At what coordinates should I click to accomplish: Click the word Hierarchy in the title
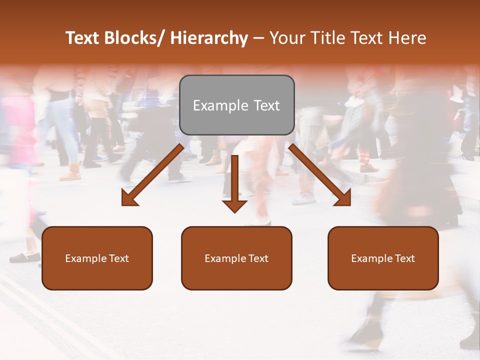[x=209, y=38]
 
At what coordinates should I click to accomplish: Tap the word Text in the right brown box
[x=404, y=258]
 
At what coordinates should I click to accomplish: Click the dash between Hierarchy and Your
[x=258, y=38]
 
